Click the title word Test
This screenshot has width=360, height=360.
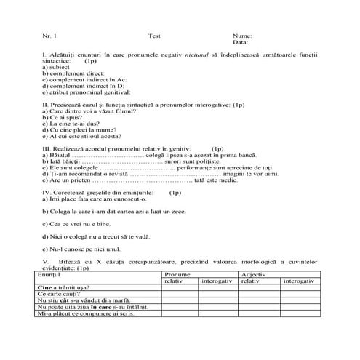154,36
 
